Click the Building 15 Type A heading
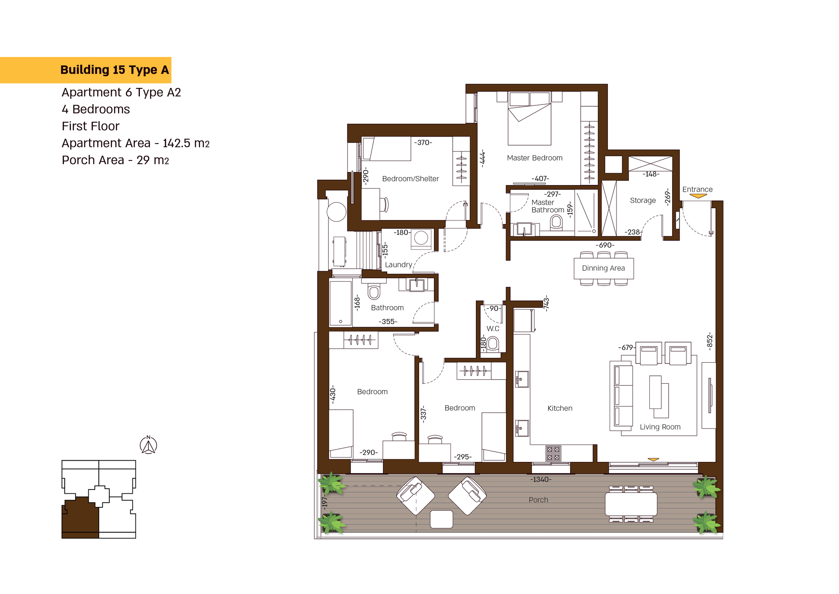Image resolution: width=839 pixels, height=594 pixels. [x=114, y=70]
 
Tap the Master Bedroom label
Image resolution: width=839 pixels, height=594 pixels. [x=534, y=158]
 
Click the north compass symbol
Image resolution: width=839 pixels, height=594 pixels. [x=149, y=445]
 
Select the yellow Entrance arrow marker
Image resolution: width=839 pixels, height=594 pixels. [x=698, y=196]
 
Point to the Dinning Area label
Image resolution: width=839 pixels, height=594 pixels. [x=603, y=268]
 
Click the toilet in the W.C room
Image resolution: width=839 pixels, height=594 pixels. [x=493, y=343]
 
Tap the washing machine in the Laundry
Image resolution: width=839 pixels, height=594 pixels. [x=421, y=238]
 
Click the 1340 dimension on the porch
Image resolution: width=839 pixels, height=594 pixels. [x=541, y=479]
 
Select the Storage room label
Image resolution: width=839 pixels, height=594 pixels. [x=643, y=200]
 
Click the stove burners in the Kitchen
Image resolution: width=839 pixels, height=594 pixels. [x=553, y=453]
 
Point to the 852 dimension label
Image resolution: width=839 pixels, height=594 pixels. [x=710, y=341]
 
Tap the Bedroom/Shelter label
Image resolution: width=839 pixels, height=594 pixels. [x=410, y=178]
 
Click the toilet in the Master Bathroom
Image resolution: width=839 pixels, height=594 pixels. [x=556, y=222]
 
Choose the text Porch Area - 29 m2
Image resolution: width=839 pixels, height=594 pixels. [x=115, y=160]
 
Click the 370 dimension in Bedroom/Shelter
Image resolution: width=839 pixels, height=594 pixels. [x=423, y=143]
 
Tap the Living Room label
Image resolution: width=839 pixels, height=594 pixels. [x=660, y=427]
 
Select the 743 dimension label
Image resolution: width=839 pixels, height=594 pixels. [x=546, y=303]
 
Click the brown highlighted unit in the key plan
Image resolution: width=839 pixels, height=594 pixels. [x=80, y=516]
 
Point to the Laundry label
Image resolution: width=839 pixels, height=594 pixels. [x=399, y=265]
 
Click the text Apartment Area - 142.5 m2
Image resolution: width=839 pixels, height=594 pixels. [x=135, y=143]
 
